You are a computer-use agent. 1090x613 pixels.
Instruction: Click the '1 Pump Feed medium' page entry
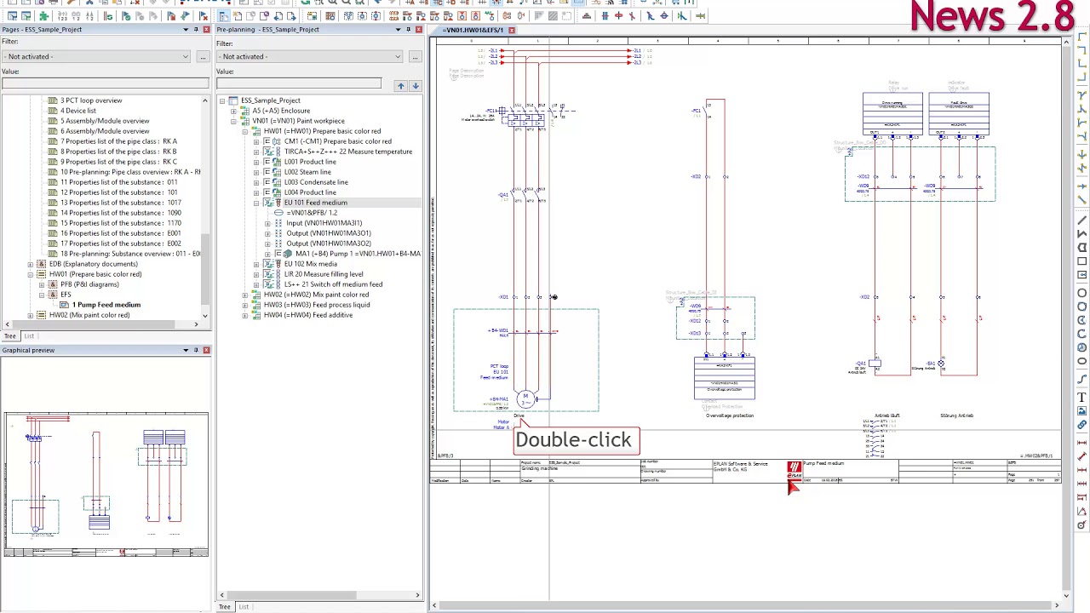106,305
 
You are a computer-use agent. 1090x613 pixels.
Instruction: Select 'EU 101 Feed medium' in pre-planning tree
315,203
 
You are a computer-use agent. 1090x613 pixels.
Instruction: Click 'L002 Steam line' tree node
307,172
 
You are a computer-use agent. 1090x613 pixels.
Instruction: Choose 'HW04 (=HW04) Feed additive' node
307,315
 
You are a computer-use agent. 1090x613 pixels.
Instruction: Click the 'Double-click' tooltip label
573,440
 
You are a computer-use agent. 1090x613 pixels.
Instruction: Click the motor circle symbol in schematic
525,398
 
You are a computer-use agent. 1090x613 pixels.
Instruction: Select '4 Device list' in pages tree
78,111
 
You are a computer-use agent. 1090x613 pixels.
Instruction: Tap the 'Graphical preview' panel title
28,350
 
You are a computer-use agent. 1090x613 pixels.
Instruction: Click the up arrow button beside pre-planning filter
400,85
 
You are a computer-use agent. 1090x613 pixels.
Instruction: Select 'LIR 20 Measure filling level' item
323,274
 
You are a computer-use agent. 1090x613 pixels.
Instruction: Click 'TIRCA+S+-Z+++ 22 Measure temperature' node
347,152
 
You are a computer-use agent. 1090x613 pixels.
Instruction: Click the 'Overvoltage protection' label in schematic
730,415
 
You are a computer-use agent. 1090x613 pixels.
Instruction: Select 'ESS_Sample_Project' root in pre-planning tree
270,100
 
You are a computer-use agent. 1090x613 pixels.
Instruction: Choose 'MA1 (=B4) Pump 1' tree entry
357,254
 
